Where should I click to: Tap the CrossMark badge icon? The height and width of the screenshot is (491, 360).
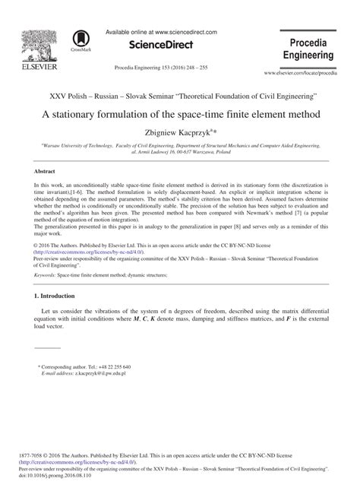click(78, 41)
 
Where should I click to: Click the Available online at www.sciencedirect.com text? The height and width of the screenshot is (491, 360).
click(162, 33)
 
